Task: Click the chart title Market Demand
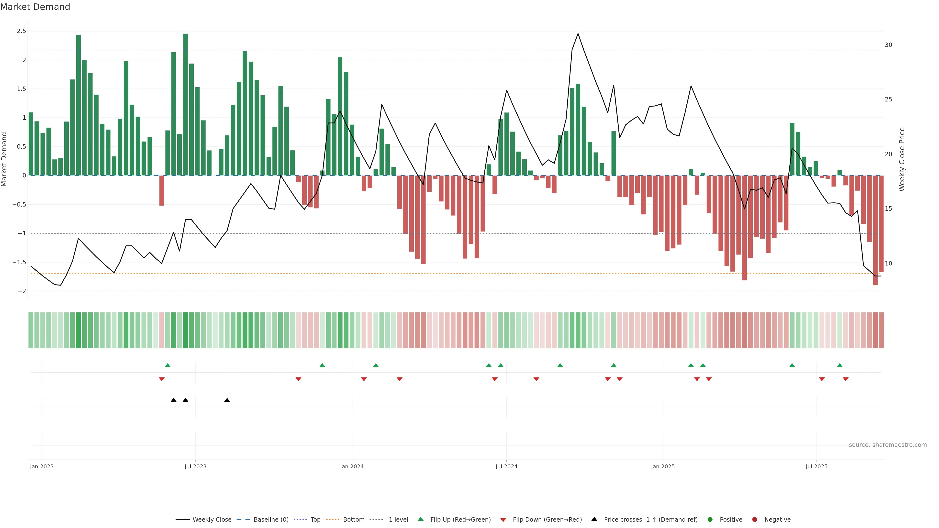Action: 35,7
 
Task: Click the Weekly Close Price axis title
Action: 901,159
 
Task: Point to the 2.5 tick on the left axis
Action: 22,31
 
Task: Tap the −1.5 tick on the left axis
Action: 19,262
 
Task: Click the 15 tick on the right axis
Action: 888,209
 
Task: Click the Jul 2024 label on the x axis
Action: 506,466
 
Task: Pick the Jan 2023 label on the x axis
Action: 42,466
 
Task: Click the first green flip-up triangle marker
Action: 168,365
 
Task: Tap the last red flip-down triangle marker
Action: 845,379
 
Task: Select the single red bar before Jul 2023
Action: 161,191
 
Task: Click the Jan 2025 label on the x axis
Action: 662,466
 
